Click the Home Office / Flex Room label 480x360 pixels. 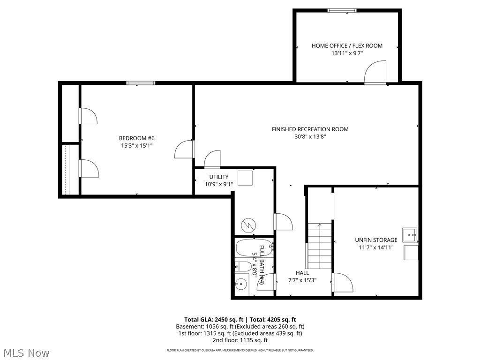coord(347,45)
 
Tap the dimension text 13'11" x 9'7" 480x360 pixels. coord(347,53)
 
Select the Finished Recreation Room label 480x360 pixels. coord(310,129)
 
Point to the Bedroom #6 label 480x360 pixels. coord(136,138)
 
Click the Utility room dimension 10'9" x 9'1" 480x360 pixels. coord(219,184)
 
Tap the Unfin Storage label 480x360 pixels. coord(376,240)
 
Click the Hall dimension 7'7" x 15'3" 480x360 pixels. coord(302,280)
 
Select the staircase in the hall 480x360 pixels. coord(320,246)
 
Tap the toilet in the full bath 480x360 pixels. coord(243,267)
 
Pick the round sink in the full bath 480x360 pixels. coord(241,284)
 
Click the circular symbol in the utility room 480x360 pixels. coord(247,225)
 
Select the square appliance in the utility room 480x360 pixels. coord(245,178)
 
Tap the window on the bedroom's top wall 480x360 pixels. coord(141,83)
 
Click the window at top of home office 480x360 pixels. coord(342,10)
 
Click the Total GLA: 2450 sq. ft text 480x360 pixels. coord(211,319)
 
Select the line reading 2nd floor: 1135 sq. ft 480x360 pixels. coord(240,340)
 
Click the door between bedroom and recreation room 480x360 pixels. coord(184,150)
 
